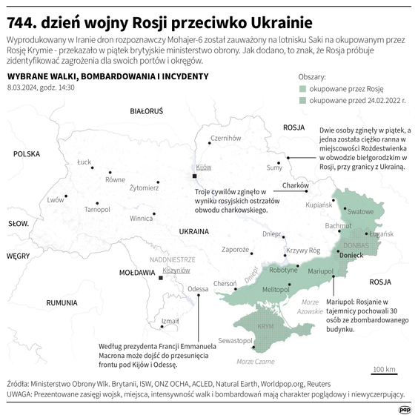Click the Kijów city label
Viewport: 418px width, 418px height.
click(x=203, y=167)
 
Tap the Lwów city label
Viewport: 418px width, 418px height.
click(x=56, y=199)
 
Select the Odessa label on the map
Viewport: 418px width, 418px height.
click(x=198, y=288)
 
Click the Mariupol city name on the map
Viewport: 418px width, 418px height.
click(x=322, y=271)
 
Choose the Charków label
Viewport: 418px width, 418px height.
click(x=295, y=185)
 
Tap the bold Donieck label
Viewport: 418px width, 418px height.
click(x=351, y=255)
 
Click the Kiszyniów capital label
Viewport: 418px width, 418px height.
click(x=176, y=271)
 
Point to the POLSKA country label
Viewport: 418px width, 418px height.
click(x=26, y=154)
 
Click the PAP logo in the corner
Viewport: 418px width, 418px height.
click(x=405, y=408)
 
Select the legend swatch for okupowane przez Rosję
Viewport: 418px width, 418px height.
click(x=302, y=87)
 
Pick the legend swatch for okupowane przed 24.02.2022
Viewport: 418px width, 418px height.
click(x=302, y=99)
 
